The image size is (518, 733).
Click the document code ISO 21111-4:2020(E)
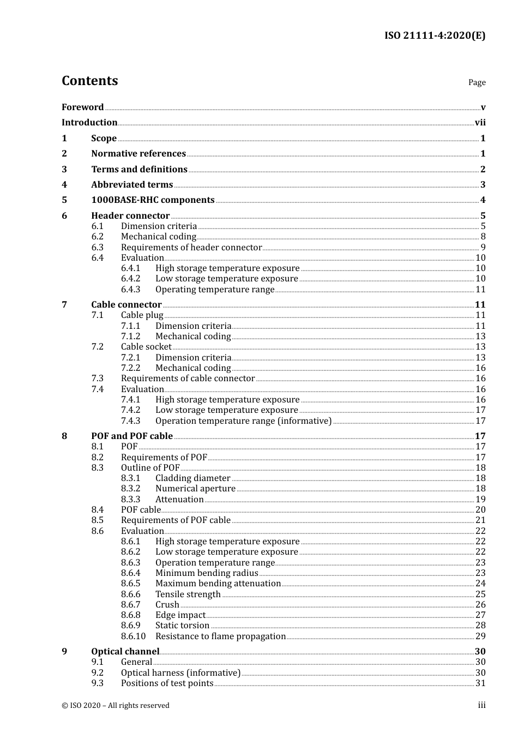pyautogui.click(x=435, y=35)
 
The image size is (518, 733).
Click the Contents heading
pyautogui.click(x=89, y=81)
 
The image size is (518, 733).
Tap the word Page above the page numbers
pyautogui.click(x=477, y=82)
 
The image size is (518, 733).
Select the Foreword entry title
pyautogui.click(x=82, y=107)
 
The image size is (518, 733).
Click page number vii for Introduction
pyautogui.click(x=480, y=123)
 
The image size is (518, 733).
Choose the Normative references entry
pyautogui.click(x=138, y=154)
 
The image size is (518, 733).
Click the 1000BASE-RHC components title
pyautogui.click(x=153, y=200)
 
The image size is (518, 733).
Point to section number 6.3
pyautogui.click(x=97, y=248)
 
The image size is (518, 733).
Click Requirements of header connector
pyautogui.click(x=191, y=248)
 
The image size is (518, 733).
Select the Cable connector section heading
pyautogui.click(x=126, y=305)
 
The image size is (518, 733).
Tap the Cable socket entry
pyautogui.click(x=146, y=347)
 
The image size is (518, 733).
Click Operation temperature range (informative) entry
pyautogui.click(x=243, y=421)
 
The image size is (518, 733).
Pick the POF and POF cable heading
pyautogui.click(x=132, y=436)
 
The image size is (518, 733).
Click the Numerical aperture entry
pyautogui.click(x=195, y=489)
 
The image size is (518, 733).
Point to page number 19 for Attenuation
pyautogui.click(x=480, y=500)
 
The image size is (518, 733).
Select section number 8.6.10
pyautogui.click(x=133, y=636)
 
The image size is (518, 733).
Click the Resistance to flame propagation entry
pyautogui.click(x=220, y=636)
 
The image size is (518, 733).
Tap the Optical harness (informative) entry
pyautogui.click(x=180, y=673)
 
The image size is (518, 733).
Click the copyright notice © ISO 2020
pyautogui.click(x=116, y=706)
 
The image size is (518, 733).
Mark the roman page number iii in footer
pyautogui.click(x=481, y=705)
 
